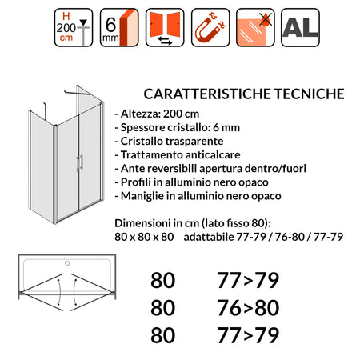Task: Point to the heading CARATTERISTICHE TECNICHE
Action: (x=243, y=94)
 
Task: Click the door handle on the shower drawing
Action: (x=79, y=164)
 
